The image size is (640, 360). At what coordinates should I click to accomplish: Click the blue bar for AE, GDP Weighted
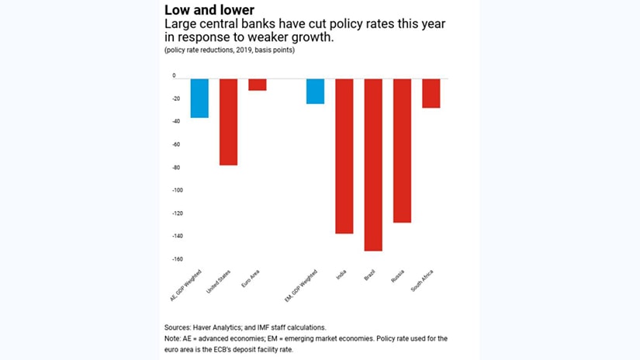click(x=199, y=98)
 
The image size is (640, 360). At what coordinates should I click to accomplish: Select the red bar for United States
click(x=228, y=122)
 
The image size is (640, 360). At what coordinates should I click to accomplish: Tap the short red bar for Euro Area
click(x=257, y=85)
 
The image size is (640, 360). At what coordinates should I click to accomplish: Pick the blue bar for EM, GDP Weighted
click(x=315, y=92)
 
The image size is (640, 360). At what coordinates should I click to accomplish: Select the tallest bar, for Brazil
click(x=373, y=164)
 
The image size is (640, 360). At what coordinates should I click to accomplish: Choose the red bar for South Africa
click(x=431, y=93)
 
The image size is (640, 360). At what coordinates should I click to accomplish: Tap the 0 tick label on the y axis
click(x=175, y=76)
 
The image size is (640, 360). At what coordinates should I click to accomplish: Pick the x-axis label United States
click(x=225, y=282)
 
